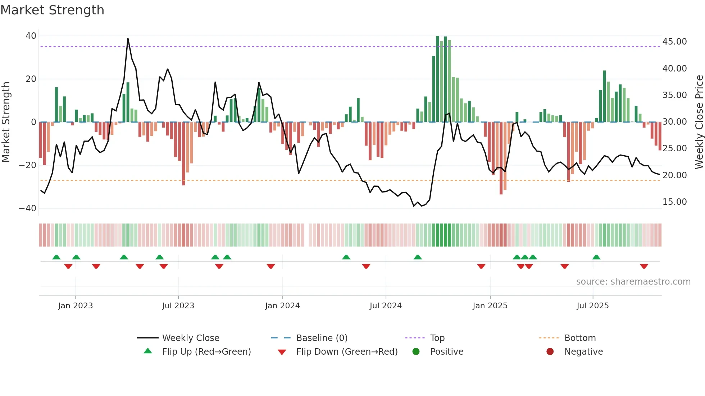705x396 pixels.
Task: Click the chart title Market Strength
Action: tap(53, 10)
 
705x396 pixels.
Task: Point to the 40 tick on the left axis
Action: tap(31, 36)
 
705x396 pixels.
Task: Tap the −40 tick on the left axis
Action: tap(28, 208)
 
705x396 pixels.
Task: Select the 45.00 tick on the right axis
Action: tap(674, 42)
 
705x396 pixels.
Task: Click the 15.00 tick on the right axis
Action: tap(674, 202)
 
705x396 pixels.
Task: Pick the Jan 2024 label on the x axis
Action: tap(282, 306)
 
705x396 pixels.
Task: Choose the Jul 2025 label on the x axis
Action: tap(592, 306)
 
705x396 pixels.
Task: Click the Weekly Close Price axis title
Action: tap(699, 122)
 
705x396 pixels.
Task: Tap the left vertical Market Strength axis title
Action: tap(6, 122)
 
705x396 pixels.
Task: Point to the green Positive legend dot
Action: tap(416, 352)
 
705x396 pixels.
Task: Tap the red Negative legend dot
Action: tap(550, 352)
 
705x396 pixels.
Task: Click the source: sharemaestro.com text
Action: tap(633, 282)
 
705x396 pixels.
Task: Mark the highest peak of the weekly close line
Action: tap(128, 39)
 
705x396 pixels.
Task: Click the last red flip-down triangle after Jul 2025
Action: tap(644, 266)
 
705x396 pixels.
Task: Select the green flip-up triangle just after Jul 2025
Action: tap(596, 257)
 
